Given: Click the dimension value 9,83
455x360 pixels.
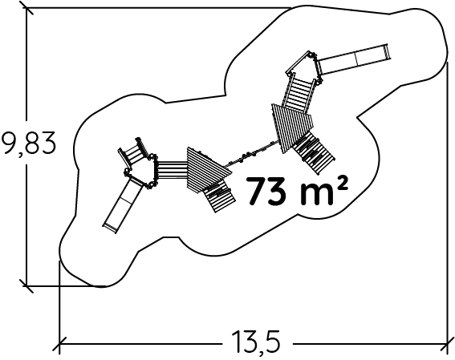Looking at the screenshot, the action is [x=28, y=144].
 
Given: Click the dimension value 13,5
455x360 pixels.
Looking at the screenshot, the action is [x=257, y=342].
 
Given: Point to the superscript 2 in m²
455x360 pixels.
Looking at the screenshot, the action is [x=343, y=183].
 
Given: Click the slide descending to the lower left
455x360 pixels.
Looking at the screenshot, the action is [x=122, y=206].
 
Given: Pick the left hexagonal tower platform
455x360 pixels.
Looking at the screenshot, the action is [x=140, y=171].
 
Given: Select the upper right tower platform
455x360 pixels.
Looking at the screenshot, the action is [x=304, y=67].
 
